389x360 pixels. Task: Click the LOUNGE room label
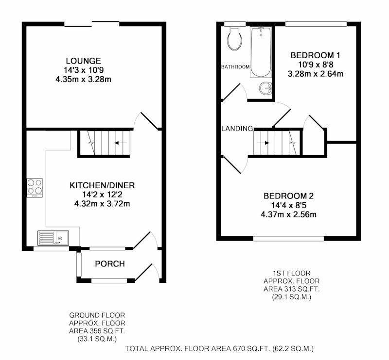pos(83,61)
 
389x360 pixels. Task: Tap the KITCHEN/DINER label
pos(102,185)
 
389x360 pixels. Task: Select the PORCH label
pos(110,263)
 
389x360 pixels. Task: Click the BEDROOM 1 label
pos(315,55)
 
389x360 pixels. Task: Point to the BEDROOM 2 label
pos(288,196)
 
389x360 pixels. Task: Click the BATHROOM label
pos(235,67)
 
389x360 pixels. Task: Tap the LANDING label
pos(237,129)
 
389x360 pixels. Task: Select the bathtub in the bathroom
pos(261,52)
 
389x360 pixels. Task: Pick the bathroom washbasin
pos(265,88)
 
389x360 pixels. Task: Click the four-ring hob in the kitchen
pos(35,188)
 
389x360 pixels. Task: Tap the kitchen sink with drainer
pos(53,238)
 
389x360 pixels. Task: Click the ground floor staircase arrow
pos(120,143)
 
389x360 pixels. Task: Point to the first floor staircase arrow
pos(263,143)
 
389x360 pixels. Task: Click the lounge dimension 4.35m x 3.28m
pos(83,80)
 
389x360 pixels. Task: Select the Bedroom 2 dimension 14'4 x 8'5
pos(288,205)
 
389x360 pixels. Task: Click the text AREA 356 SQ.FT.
pos(97,331)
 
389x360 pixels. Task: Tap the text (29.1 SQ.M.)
pos(291,297)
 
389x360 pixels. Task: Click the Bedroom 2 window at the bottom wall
pos(288,238)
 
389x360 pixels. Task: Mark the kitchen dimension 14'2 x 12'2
pos(102,195)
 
